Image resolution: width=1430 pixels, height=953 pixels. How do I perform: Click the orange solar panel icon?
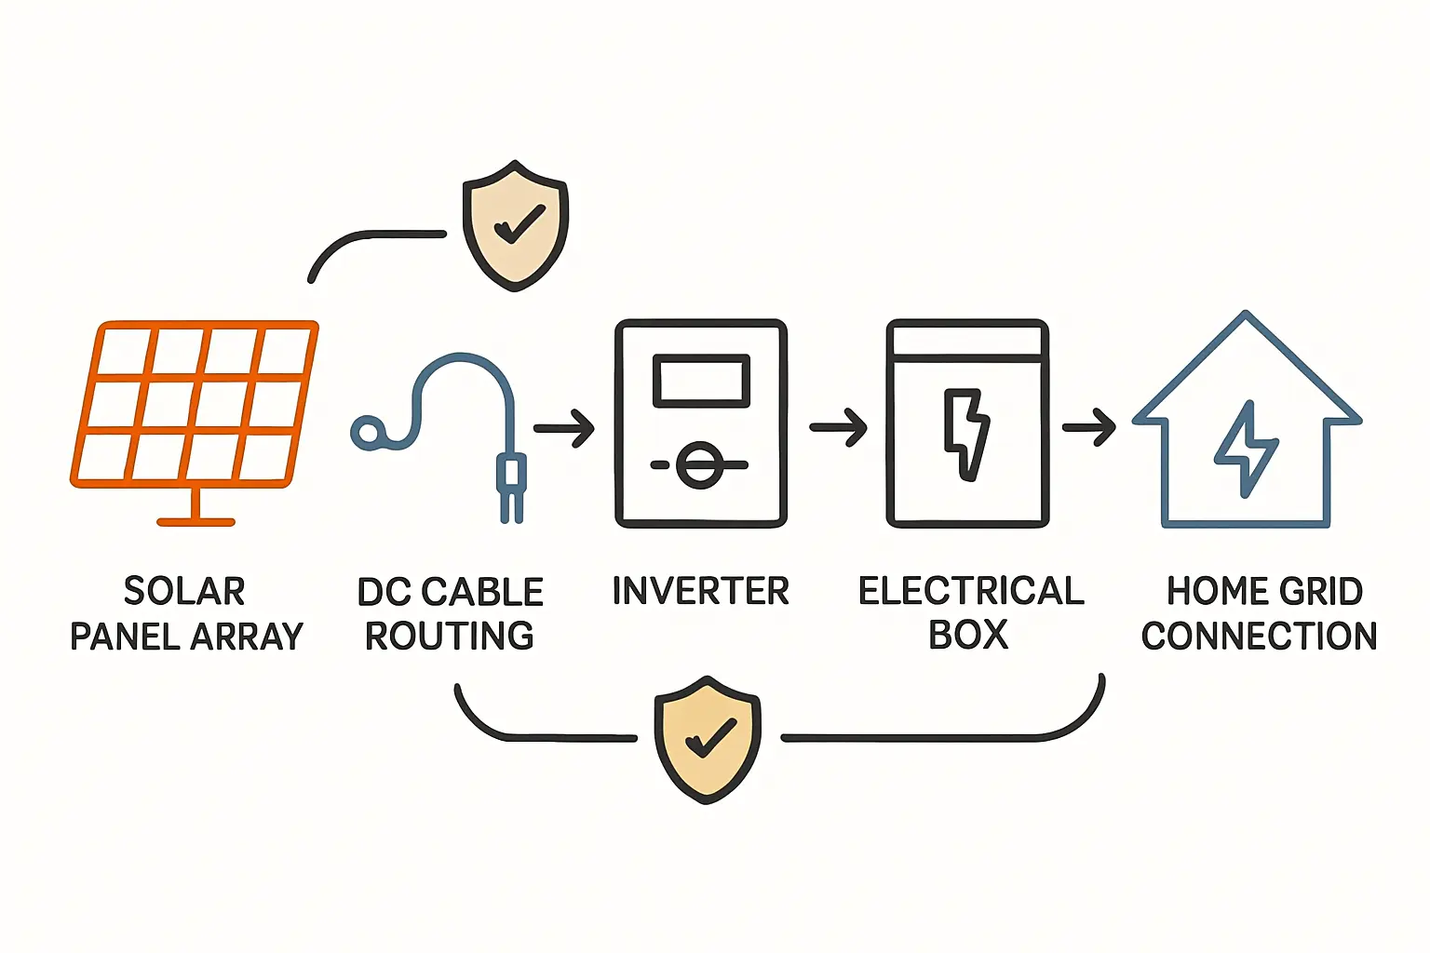point(195,405)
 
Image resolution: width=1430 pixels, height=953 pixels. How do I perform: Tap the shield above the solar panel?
point(515,226)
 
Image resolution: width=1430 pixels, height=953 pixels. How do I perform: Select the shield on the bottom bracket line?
point(708,739)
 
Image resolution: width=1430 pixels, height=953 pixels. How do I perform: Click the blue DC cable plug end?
point(511,484)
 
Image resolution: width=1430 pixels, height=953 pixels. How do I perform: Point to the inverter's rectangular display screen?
point(701,381)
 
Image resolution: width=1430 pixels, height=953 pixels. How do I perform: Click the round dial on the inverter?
point(699,463)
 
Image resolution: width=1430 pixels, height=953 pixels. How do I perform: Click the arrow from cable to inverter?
point(564,429)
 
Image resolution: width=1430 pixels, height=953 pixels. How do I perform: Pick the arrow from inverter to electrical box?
point(838,428)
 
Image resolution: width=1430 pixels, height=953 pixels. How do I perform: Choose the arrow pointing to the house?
point(1089,428)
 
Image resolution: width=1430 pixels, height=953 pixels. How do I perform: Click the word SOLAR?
point(184,591)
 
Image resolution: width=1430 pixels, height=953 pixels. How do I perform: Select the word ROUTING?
point(450,636)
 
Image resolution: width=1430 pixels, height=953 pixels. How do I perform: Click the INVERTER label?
point(700,591)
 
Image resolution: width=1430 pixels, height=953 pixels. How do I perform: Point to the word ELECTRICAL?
point(971,591)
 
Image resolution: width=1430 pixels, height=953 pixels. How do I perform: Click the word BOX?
point(968,635)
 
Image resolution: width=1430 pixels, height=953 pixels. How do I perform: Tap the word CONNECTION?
point(1259,636)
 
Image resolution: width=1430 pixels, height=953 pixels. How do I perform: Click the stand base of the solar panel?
point(196,521)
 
